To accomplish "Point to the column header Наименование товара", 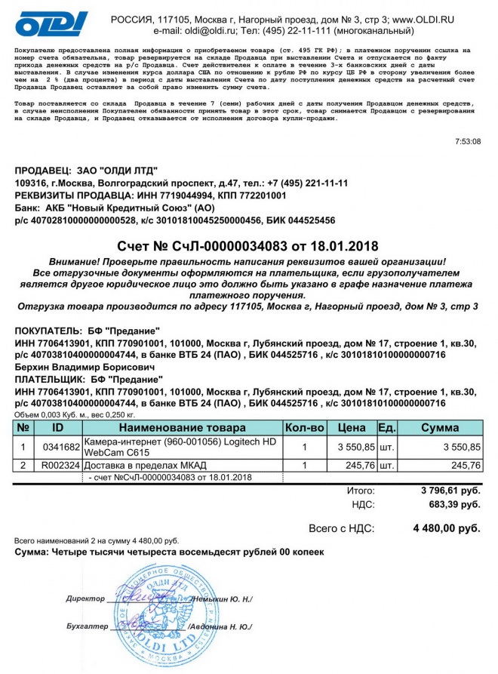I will click(182, 427).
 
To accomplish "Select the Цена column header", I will click(352, 427).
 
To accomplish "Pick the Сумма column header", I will click(439, 427).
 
